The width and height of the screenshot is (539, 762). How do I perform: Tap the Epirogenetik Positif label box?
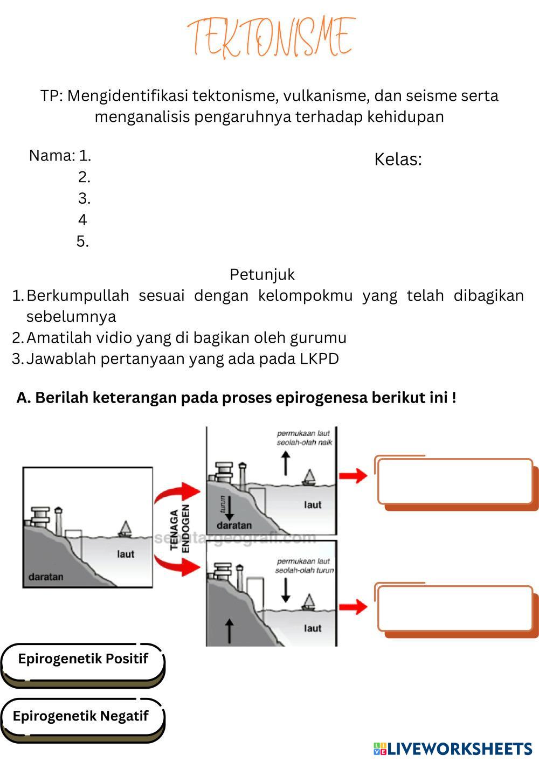(x=82, y=660)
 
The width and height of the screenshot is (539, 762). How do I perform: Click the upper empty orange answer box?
(x=455, y=481)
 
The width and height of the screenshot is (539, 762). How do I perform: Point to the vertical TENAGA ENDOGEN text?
(x=180, y=530)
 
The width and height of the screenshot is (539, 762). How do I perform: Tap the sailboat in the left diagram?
(x=126, y=529)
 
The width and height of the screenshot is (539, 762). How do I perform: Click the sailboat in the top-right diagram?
(x=309, y=477)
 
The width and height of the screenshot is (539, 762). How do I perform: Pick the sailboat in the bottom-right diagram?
(x=309, y=602)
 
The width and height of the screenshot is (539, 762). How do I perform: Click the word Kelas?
(x=397, y=160)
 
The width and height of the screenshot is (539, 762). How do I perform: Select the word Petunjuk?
(x=262, y=275)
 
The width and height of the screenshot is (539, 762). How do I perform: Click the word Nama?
(x=51, y=156)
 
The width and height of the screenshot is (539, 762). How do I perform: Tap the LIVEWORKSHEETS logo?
(x=453, y=749)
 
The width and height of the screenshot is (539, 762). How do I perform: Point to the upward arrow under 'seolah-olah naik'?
(x=286, y=462)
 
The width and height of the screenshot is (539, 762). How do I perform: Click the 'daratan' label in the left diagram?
(x=45, y=577)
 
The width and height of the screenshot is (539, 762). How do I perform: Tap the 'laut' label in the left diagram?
(x=126, y=554)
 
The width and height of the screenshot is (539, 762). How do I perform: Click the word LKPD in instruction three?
(x=319, y=359)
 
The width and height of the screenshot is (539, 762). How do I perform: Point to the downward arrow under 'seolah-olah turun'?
(x=286, y=591)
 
